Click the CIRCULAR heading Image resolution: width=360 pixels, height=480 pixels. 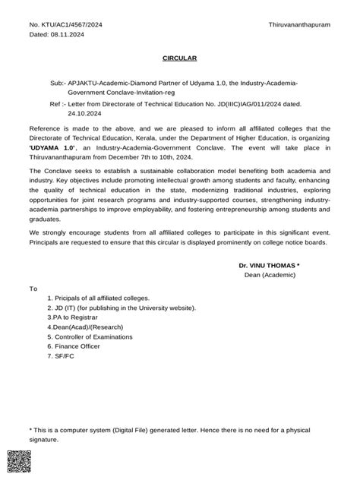[x=180, y=58]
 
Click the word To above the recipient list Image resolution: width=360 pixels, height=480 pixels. [x=33, y=289]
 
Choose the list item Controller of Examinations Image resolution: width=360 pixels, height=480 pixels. [x=90, y=336]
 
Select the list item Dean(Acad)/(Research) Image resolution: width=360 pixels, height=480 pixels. [x=87, y=327]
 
